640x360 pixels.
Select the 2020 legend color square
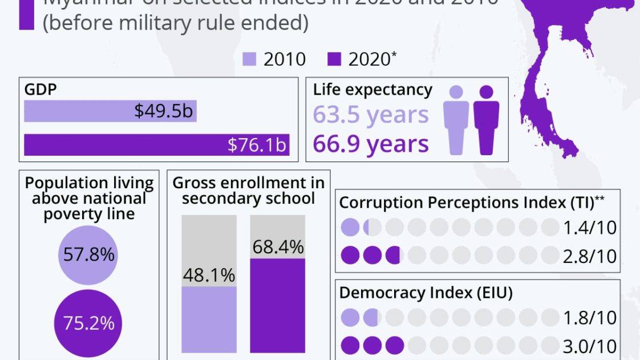335,59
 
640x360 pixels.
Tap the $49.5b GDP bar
110,111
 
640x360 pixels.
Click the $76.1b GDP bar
156,145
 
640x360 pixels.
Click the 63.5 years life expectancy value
371,115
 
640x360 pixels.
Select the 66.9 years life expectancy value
371,144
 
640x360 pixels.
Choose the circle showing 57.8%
89,254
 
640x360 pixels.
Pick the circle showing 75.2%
89,323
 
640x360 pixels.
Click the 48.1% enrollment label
209,276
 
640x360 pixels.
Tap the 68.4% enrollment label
277,248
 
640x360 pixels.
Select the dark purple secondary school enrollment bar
277,308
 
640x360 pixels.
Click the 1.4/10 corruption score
590,228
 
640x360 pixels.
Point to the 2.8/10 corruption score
590,256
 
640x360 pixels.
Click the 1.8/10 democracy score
590,318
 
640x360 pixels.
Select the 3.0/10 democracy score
590,346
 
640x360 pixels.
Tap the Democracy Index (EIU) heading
426,293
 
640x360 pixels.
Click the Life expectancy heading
372,90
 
